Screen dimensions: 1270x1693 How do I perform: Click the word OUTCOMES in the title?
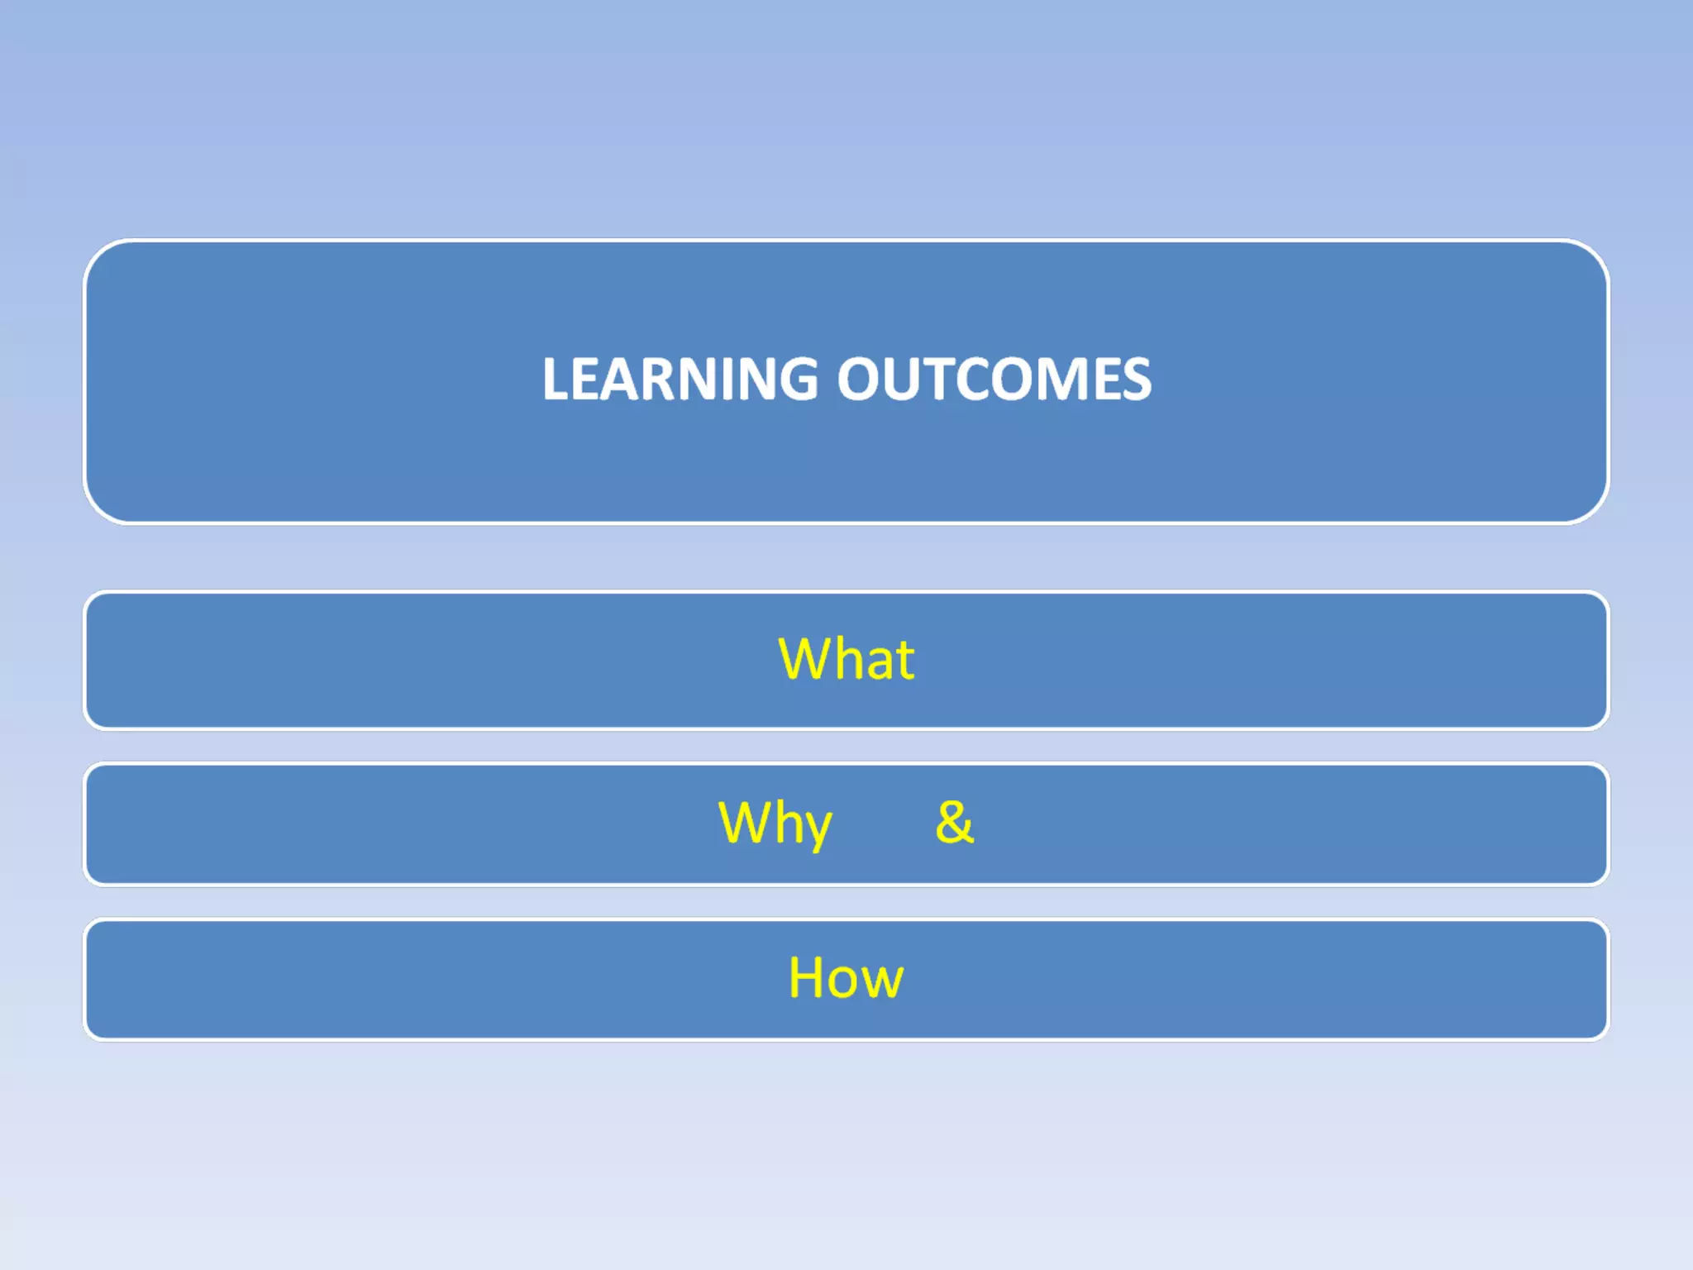click(x=994, y=380)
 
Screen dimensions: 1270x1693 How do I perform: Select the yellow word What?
click(x=846, y=659)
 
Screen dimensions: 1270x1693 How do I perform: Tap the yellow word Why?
click(x=775, y=823)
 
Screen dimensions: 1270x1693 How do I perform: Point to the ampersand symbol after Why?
click(x=954, y=823)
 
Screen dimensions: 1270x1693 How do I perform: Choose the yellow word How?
click(x=846, y=978)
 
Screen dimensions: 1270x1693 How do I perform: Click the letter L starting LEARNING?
click(x=556, y=380)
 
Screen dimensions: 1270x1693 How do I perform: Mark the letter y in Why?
click(x=816, y=827)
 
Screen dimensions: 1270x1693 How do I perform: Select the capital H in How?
click(x=807, y=978)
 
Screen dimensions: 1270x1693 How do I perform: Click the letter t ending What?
click(x=904, y=661)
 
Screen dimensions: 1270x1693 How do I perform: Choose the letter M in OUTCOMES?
click(x=1060, y=380)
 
